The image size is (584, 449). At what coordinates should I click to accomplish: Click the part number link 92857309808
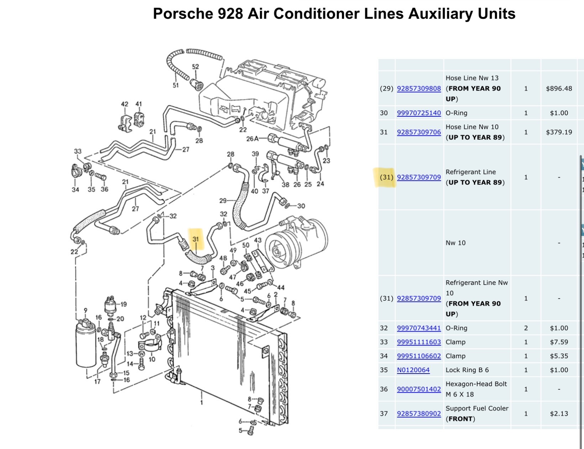coord(419,89)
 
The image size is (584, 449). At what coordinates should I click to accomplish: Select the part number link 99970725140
coord(419,113)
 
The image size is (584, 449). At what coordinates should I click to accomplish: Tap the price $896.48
coord(559,89)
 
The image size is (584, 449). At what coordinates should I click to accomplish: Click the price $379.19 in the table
coord(559,132)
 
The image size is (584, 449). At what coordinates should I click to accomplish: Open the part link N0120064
coord(413,370)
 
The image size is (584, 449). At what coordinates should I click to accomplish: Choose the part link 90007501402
coord(419,389)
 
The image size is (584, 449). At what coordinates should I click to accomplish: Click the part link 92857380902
coord(419,413)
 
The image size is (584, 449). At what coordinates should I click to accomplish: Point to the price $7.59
coord(559,342)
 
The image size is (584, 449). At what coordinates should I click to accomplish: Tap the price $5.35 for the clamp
coord(559,356)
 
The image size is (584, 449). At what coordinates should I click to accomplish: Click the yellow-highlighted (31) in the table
coord(386,177)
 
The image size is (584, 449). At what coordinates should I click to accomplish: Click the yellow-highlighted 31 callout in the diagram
coord(195,239)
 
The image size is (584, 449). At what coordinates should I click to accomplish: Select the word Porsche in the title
coord(183,14)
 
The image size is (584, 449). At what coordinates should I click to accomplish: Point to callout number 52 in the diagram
coord(195,67)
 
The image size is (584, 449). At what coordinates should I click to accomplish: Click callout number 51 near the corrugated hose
coord(176,85)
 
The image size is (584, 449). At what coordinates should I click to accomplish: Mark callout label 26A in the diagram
coord(252,139)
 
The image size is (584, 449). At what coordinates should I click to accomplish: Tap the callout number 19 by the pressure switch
coord(123,304)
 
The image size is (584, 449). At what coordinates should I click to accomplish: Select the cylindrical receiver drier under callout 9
coord(86,344)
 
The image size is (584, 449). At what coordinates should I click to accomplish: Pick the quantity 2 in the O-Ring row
coord(526,328)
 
